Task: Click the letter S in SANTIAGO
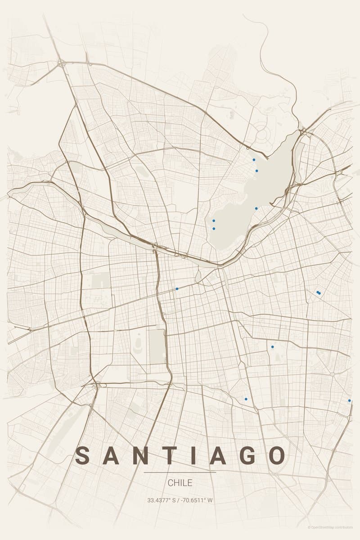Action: coord(83,456)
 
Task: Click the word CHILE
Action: coord(180,483)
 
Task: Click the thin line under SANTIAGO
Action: coord(180,472)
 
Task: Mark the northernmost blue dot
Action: coord(254,160)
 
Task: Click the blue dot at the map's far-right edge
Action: coord(349,400)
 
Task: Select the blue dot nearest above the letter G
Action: coord(246,399)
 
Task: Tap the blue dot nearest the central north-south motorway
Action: coord(177,288)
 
